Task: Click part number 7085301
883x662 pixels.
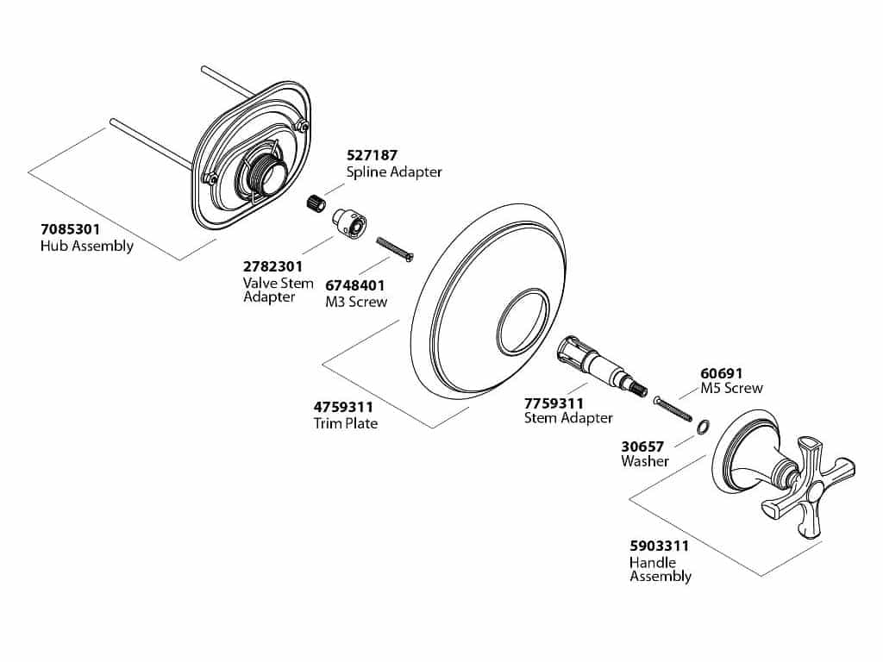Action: click(70, 230)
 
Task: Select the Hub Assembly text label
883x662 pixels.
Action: click(87, 247)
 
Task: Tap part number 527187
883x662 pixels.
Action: click(372, 156)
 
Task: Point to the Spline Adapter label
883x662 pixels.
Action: click(394, 172)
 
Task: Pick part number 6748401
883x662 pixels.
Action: click(354, 285)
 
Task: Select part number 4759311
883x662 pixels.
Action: click(342, 407)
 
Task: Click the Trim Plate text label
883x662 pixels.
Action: click(345, 423)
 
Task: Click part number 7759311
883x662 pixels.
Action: click(554, 403)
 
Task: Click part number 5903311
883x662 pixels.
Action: click(659, 546)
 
